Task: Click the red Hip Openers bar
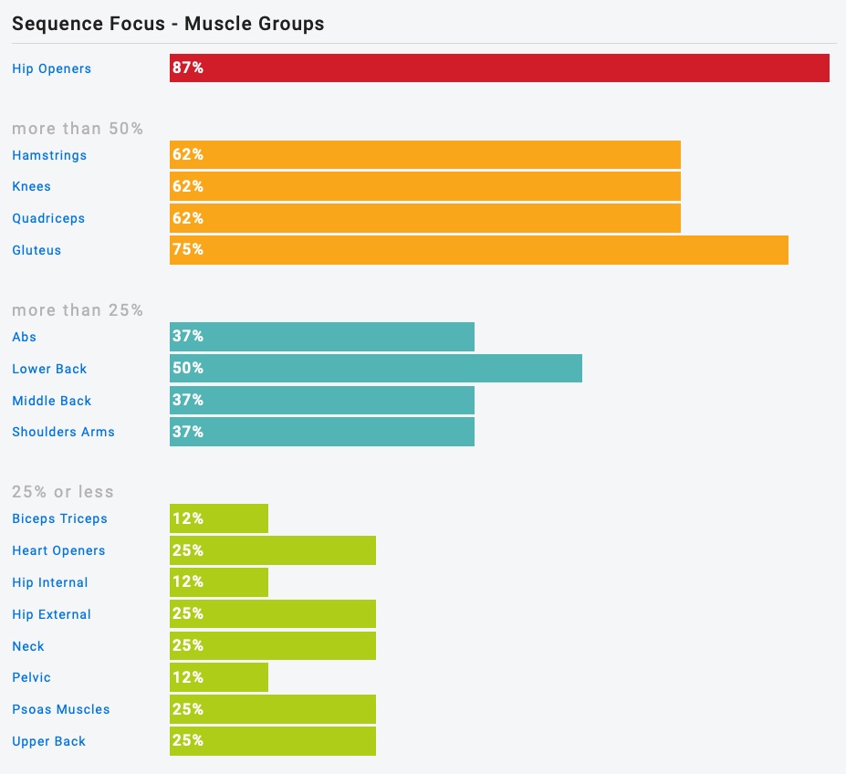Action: point(499,68)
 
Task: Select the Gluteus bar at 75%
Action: point(478,250)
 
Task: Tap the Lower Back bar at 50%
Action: point(375,369)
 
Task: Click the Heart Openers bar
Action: point(272,550)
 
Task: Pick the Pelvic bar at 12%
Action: point(219,677)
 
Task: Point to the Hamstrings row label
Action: point(49,155)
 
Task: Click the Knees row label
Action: point(32,186)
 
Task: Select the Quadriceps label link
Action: point(48,218)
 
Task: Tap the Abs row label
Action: point(25,337)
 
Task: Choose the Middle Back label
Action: point(52,401)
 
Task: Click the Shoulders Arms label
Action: point(63,432)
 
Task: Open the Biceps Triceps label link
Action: point(59,518)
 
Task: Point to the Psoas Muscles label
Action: point(60,709)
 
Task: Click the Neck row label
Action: point(28,646)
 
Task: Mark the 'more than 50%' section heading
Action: point(78,129)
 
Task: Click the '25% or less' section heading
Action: point(63,492)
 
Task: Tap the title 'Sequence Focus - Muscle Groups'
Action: point(168,24)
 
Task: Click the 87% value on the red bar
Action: point(188,68)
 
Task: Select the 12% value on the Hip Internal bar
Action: point(188,581)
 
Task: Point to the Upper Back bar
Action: point(272,741)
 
